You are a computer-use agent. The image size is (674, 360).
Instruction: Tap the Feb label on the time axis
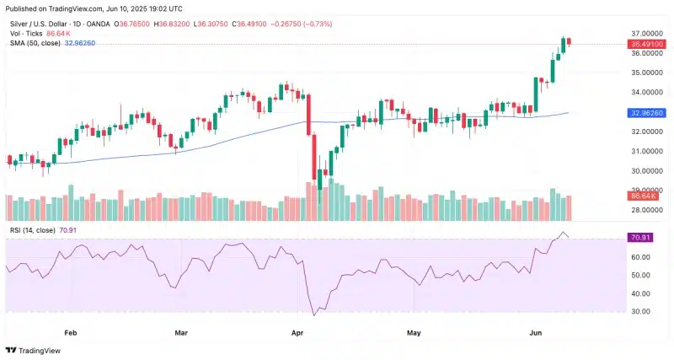click(71, 333)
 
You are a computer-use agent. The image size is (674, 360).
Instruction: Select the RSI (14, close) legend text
click(31, 229)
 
